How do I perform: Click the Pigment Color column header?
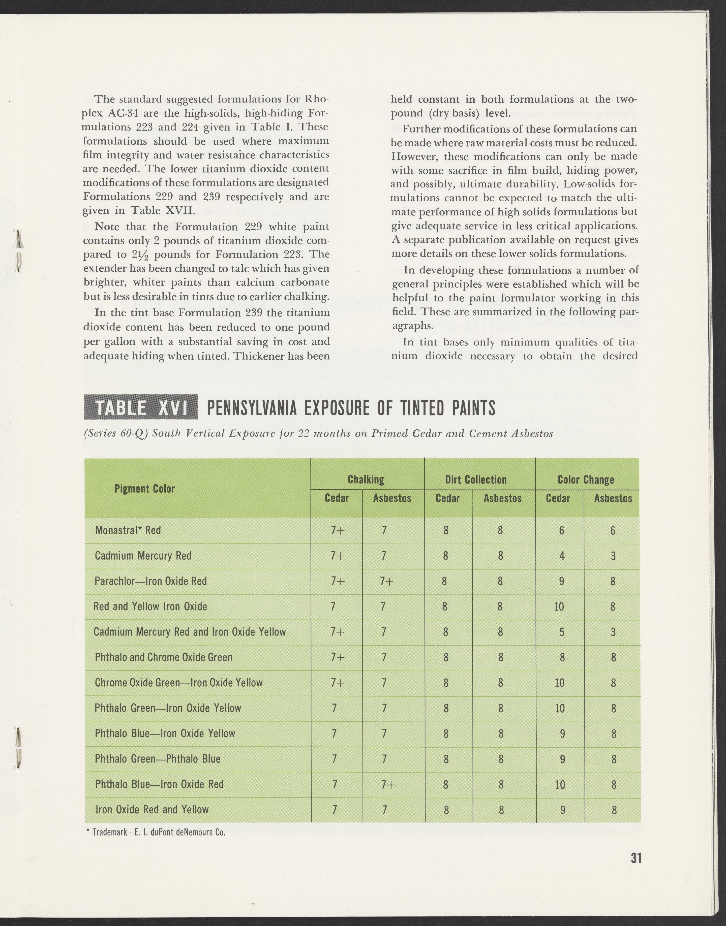tap(144, 489)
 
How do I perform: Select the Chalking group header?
tap(366, 480)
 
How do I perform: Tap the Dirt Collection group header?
tap(476, 480)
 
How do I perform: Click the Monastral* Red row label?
tap(128, 530)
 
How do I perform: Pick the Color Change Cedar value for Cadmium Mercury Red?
tap(561, 556)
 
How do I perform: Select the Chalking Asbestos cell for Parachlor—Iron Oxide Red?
tap(387, 581)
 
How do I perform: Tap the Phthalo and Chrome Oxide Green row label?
tap(164, 657)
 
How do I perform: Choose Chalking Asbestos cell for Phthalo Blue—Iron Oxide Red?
tap(388, 784)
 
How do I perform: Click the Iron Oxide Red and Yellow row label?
tap(152, 809)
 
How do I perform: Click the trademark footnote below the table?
tap(156, 832)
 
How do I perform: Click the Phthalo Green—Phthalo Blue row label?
tap(158, 759)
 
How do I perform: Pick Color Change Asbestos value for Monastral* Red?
tap(613, 530)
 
